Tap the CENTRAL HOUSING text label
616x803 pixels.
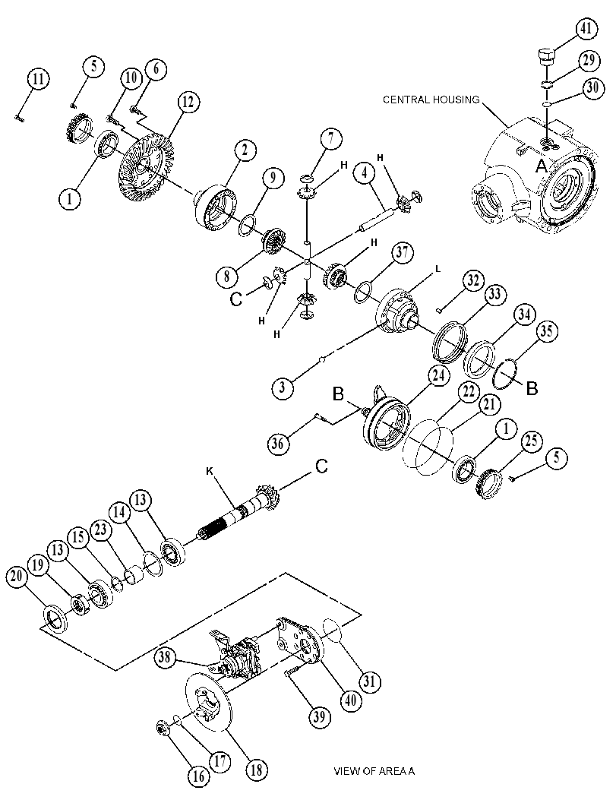pos(431,100)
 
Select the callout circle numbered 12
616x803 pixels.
pos(188,103)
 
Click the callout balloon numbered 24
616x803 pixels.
pos(438,376)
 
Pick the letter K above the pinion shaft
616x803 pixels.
pos(210,470)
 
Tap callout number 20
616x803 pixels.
pos(17,577)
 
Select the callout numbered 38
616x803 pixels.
pos(165,657)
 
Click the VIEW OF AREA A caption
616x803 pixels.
pos(374,771)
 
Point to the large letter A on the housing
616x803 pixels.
pos(542,166)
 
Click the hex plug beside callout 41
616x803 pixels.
pos(546,55)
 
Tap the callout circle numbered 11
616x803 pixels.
pos(39,79)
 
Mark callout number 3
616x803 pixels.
pos(282,387)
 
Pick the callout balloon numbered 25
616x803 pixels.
pos(532,441)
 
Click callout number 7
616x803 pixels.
pos(331,139)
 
